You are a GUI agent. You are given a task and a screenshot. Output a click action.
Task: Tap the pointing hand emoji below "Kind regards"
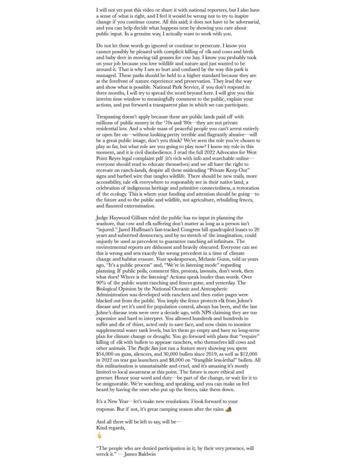100,435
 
